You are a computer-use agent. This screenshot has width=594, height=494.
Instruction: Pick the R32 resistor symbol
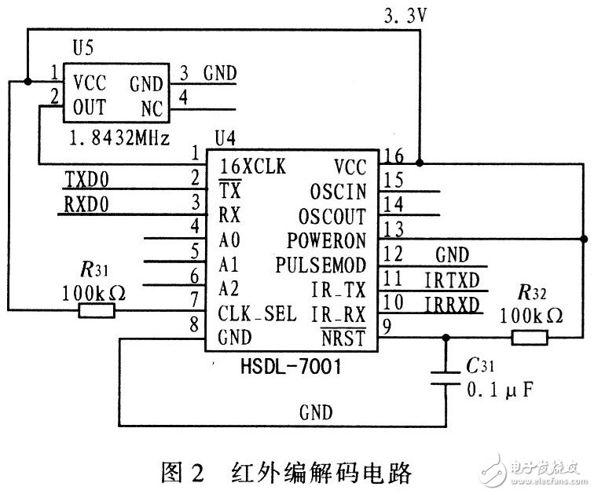click(x=531, y=338)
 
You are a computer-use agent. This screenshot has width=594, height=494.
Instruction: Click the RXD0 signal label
click(x=88, y=207)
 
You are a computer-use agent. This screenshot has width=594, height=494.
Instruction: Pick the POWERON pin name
click(x=328, y=240)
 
